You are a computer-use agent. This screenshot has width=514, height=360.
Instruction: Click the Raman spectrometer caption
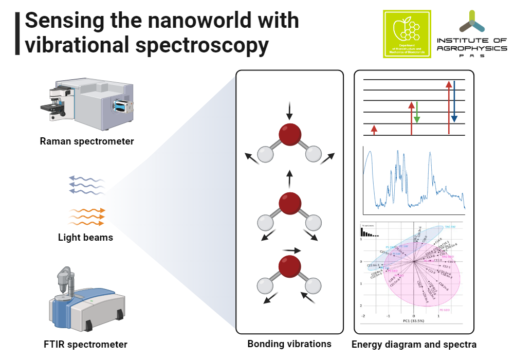[87, 141]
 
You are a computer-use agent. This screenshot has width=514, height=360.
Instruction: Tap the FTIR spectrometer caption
[86, 344]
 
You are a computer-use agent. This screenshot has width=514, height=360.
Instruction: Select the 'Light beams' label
[86, 238]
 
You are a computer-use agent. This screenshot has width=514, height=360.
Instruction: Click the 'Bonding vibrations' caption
[289, 344]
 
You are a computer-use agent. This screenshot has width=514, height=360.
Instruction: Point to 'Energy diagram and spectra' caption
[414, 344]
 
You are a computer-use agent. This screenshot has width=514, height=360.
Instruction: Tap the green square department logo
[407, 33]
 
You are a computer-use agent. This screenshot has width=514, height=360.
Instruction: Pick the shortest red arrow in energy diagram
[374, 130]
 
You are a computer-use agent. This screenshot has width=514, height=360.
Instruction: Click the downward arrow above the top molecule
[289, 110]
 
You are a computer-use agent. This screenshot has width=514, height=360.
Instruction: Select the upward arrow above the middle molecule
[289, 179]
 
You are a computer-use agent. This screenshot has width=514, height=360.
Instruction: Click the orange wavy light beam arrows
[87, 217]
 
